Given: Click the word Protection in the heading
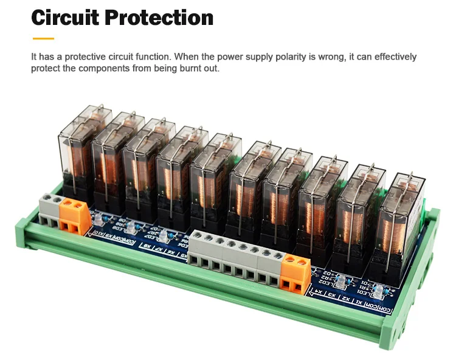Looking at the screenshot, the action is tap(159, 17).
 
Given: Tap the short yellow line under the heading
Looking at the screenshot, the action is tap(43, 38).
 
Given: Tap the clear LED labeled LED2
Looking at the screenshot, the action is tap(342, 280).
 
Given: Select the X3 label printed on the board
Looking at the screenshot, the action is tap(332, 296).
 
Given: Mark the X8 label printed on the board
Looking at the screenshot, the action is tap(147, 246).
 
